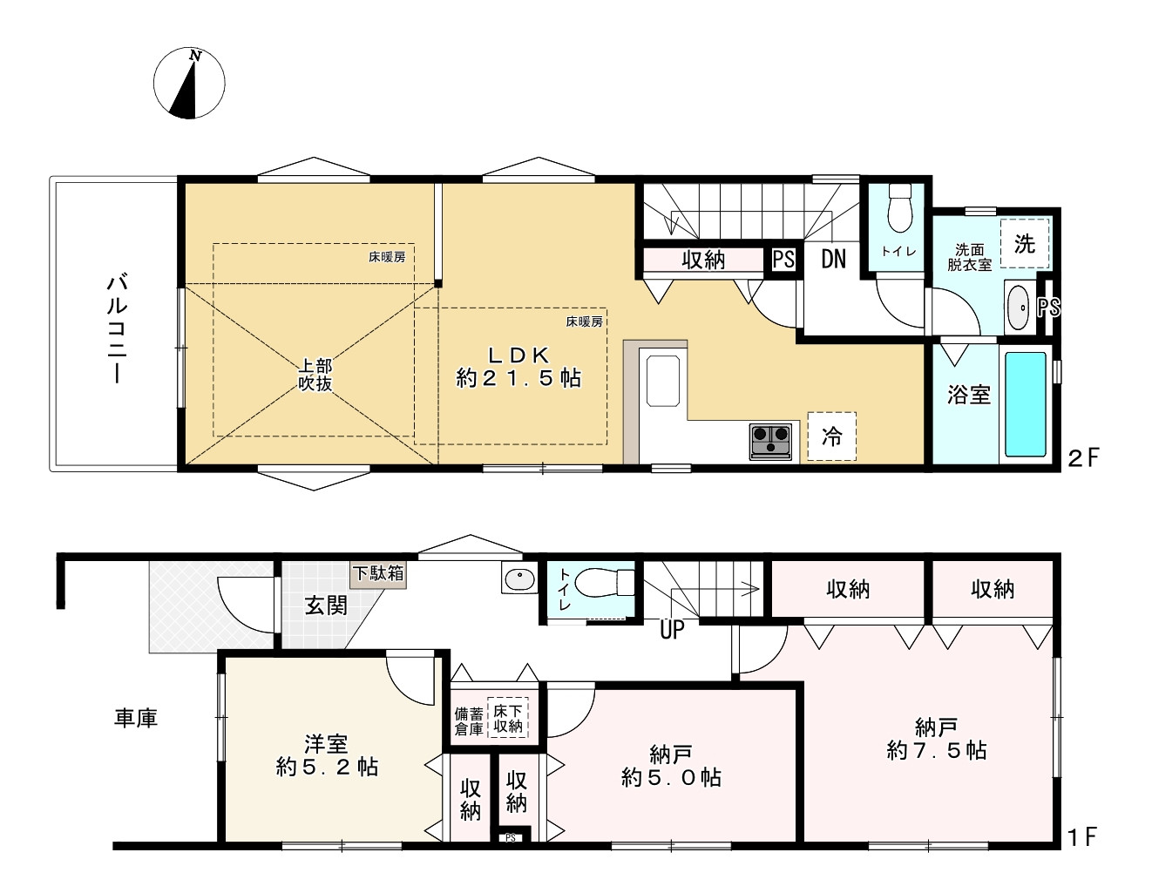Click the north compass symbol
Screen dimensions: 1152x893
pos(189,84)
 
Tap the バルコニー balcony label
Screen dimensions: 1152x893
pos(117,328)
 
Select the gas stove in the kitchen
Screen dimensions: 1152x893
pos(770,441)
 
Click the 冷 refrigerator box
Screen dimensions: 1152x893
pos(832,436)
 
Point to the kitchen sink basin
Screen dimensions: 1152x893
pos(662,381)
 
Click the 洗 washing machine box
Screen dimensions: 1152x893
pos(1025,243)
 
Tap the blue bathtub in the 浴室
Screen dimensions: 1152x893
pos(1026,404)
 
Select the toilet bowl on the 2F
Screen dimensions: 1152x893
pos(899,208)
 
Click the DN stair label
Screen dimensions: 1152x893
pos(833,259)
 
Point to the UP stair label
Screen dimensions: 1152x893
pos(672,630)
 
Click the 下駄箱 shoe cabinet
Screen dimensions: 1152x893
pos(378,574)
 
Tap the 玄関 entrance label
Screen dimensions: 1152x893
pos(326,605)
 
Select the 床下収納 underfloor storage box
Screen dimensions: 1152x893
pos(508,718)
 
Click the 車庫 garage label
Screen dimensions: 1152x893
pos(136,718)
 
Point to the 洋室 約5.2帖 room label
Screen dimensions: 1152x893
pos(327,755)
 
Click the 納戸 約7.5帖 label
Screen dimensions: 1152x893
pos(936,740)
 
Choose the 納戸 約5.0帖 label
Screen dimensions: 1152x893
pos(671,767)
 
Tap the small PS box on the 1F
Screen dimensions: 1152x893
pos(510,838)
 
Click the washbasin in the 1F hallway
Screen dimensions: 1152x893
pos(519,578)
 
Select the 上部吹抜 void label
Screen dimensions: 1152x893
pos(315,375)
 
